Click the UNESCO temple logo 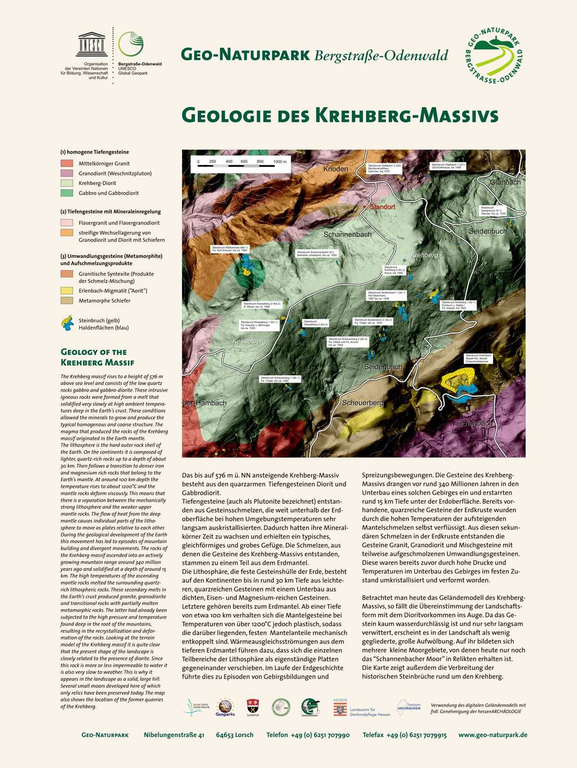tap(92, 44)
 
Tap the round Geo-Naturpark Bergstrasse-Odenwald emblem tap(495, 56)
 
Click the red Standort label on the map tap(383, 207)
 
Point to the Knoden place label tap(336, 169)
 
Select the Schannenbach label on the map tap(347, 234)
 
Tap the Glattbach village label tap(505, 183)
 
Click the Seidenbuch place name tap(488, 231)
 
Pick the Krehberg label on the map tap(424, 255)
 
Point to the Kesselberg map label tap(249, 341)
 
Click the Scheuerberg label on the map tap(363, 403)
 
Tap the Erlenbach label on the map tap(477, 423)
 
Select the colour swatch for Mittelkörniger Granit tap(67, 163)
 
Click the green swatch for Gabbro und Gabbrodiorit tap(67, 193)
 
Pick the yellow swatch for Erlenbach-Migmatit tap(67, 291)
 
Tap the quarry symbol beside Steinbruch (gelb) tap(67, 323)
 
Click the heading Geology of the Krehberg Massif tap(97, 357)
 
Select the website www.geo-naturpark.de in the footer tap(492, 735)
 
